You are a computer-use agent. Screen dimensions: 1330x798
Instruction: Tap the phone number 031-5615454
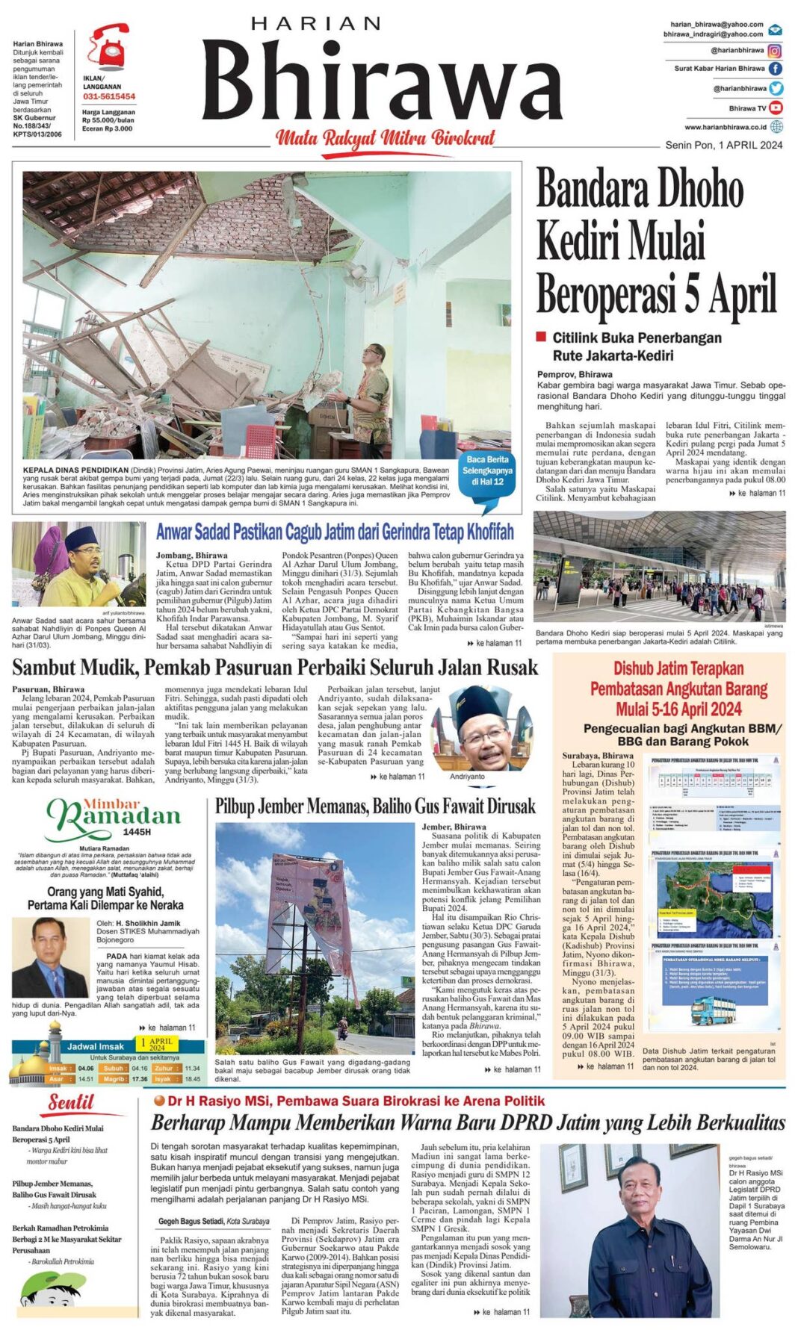coord(109,96)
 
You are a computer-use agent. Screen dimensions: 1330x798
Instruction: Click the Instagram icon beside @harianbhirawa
coord(776,51)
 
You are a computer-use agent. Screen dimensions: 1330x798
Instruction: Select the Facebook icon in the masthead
coord(776,68)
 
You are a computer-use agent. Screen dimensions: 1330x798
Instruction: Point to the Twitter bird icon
coord(776,88)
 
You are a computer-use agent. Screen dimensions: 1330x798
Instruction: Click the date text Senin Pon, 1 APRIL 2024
coord(723,145)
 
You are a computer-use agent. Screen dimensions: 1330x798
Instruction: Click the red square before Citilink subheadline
coord(542,337)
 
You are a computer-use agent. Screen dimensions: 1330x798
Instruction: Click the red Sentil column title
coord(72,1102)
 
